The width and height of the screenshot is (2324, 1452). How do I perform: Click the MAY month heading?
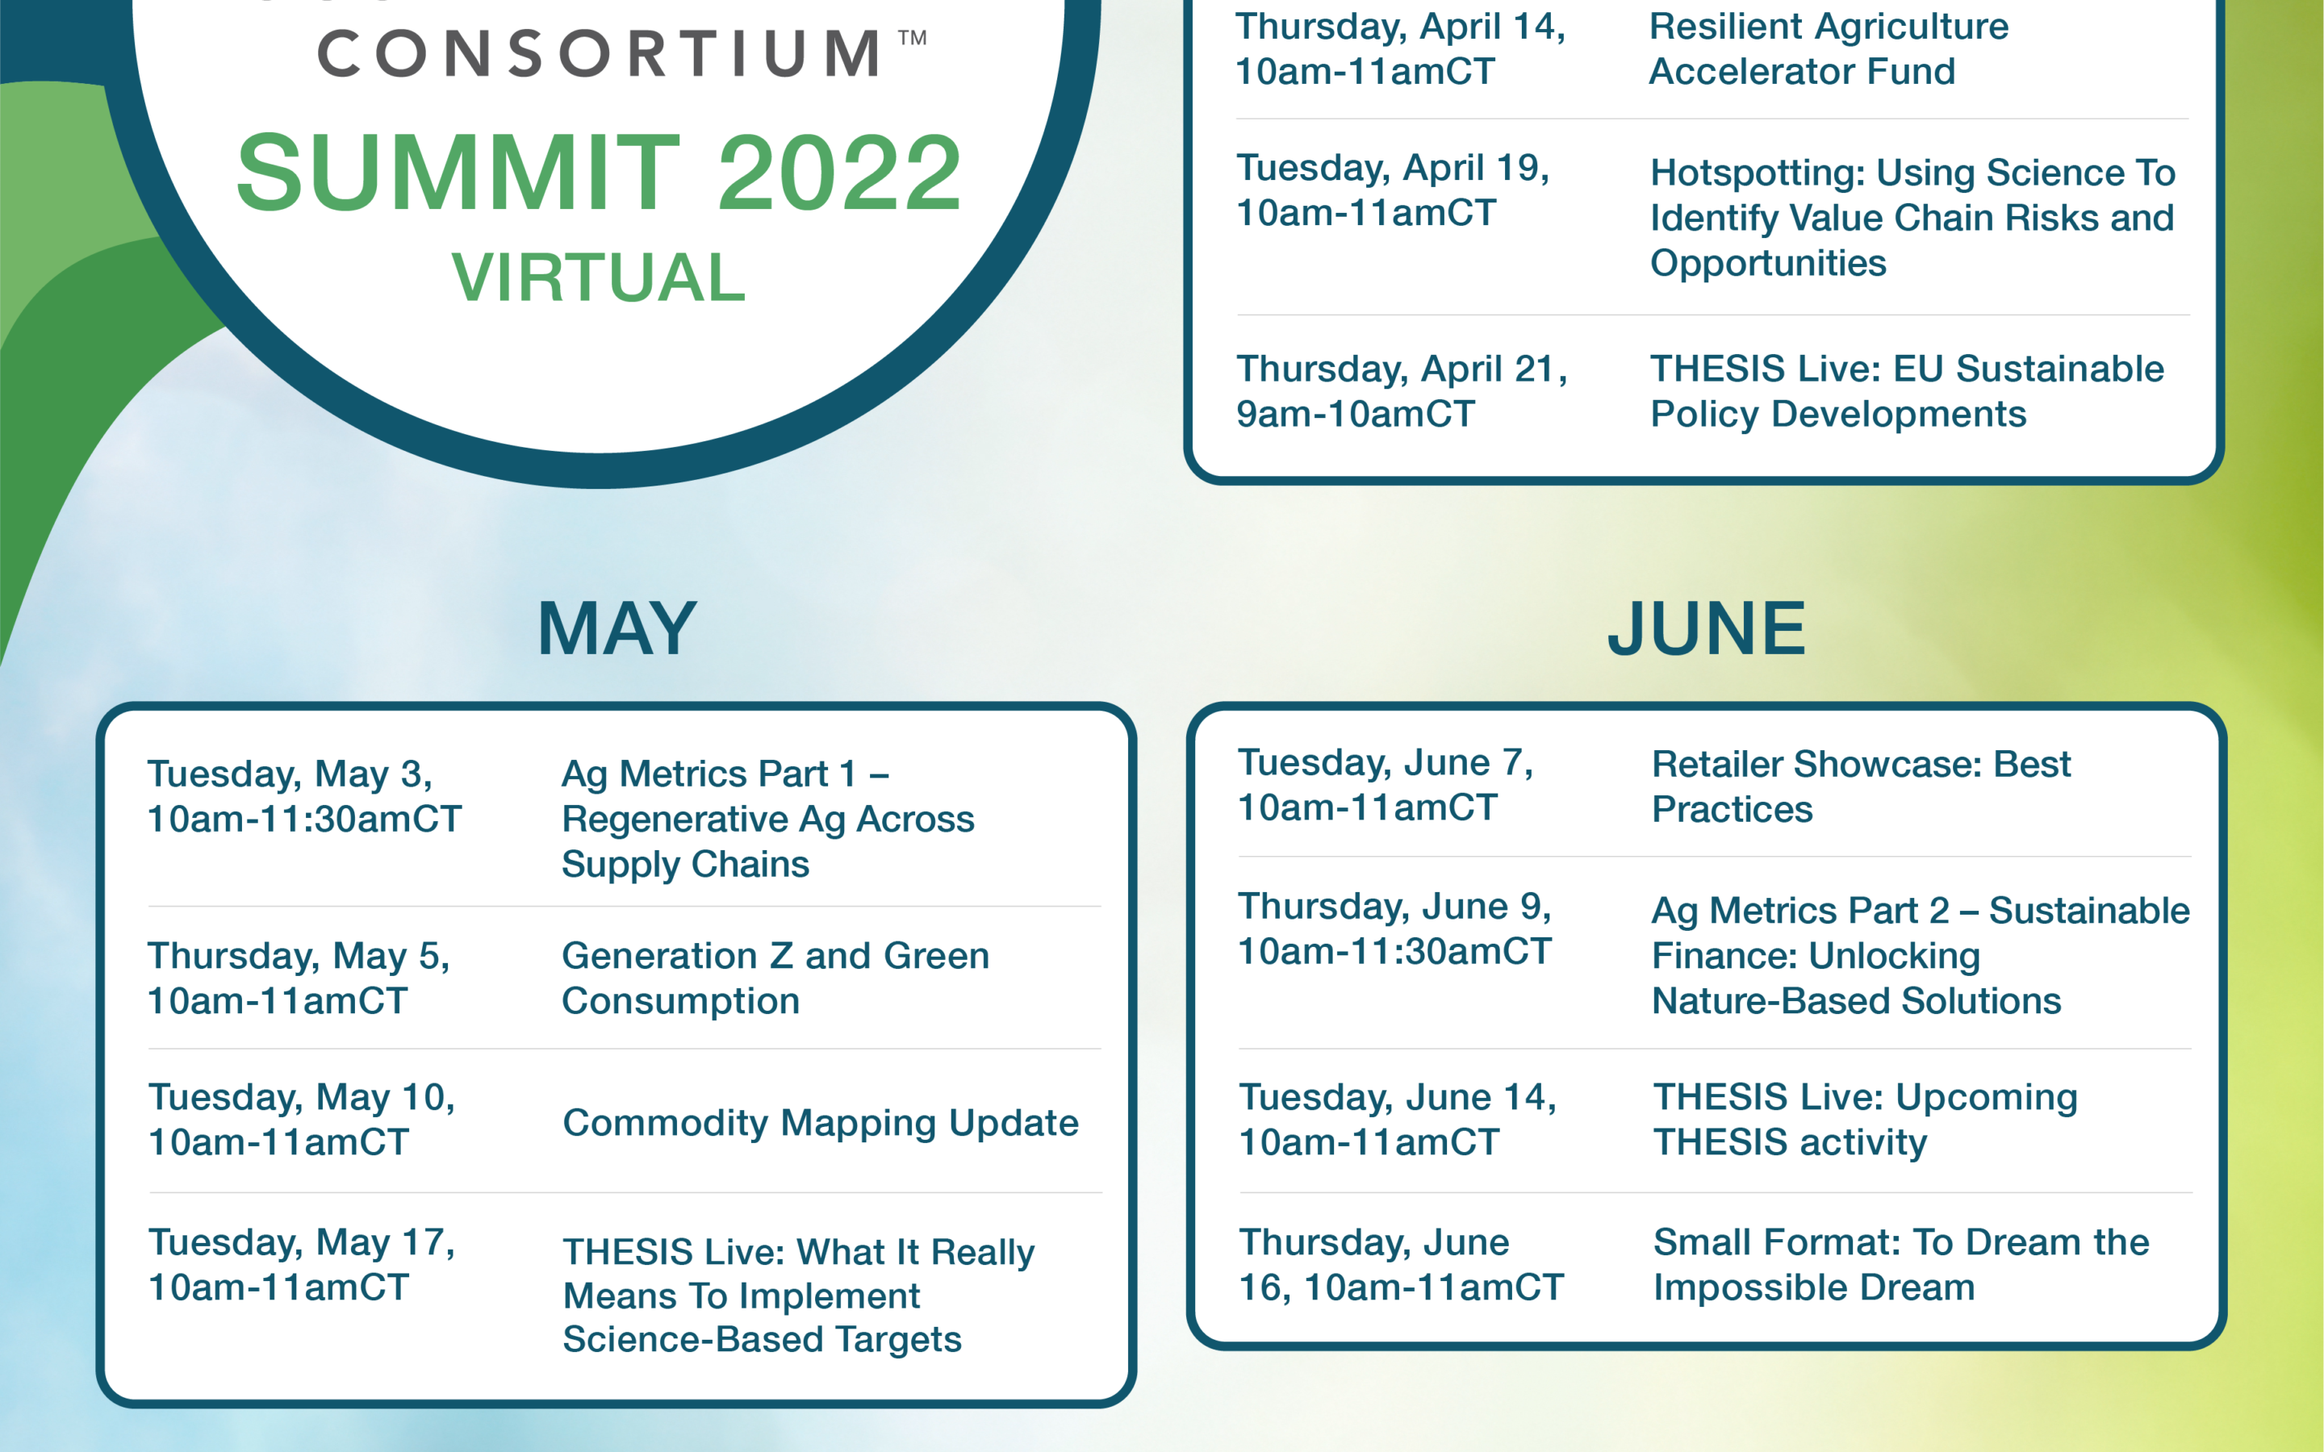coord(617,629)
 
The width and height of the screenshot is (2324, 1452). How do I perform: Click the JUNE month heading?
coord(1707,629)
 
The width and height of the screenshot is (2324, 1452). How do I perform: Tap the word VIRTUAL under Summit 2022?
coord(598,277)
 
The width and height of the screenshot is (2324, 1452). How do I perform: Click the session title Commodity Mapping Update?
coord(820,1123)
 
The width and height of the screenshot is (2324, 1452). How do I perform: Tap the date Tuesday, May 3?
coord(289,774)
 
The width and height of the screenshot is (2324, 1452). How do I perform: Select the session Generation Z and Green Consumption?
coord(775,978)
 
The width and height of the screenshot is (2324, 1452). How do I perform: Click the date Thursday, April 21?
coord(1401,369)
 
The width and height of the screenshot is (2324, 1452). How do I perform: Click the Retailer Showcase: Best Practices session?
coord(1861,786)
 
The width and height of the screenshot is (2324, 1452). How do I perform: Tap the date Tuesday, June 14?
coord(1398,1097)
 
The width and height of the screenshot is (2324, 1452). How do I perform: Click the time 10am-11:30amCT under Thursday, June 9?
coord(1394,951)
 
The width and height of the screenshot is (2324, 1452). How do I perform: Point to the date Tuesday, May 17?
coord(302,1241)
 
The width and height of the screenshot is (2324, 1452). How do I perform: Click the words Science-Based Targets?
coord(762,1339)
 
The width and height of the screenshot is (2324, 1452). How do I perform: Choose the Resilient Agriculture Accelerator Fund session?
coord(1829,48)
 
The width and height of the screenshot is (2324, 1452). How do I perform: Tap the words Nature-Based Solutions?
coord(1856,1000)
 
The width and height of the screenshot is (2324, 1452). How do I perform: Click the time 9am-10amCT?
coord(1355,414)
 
